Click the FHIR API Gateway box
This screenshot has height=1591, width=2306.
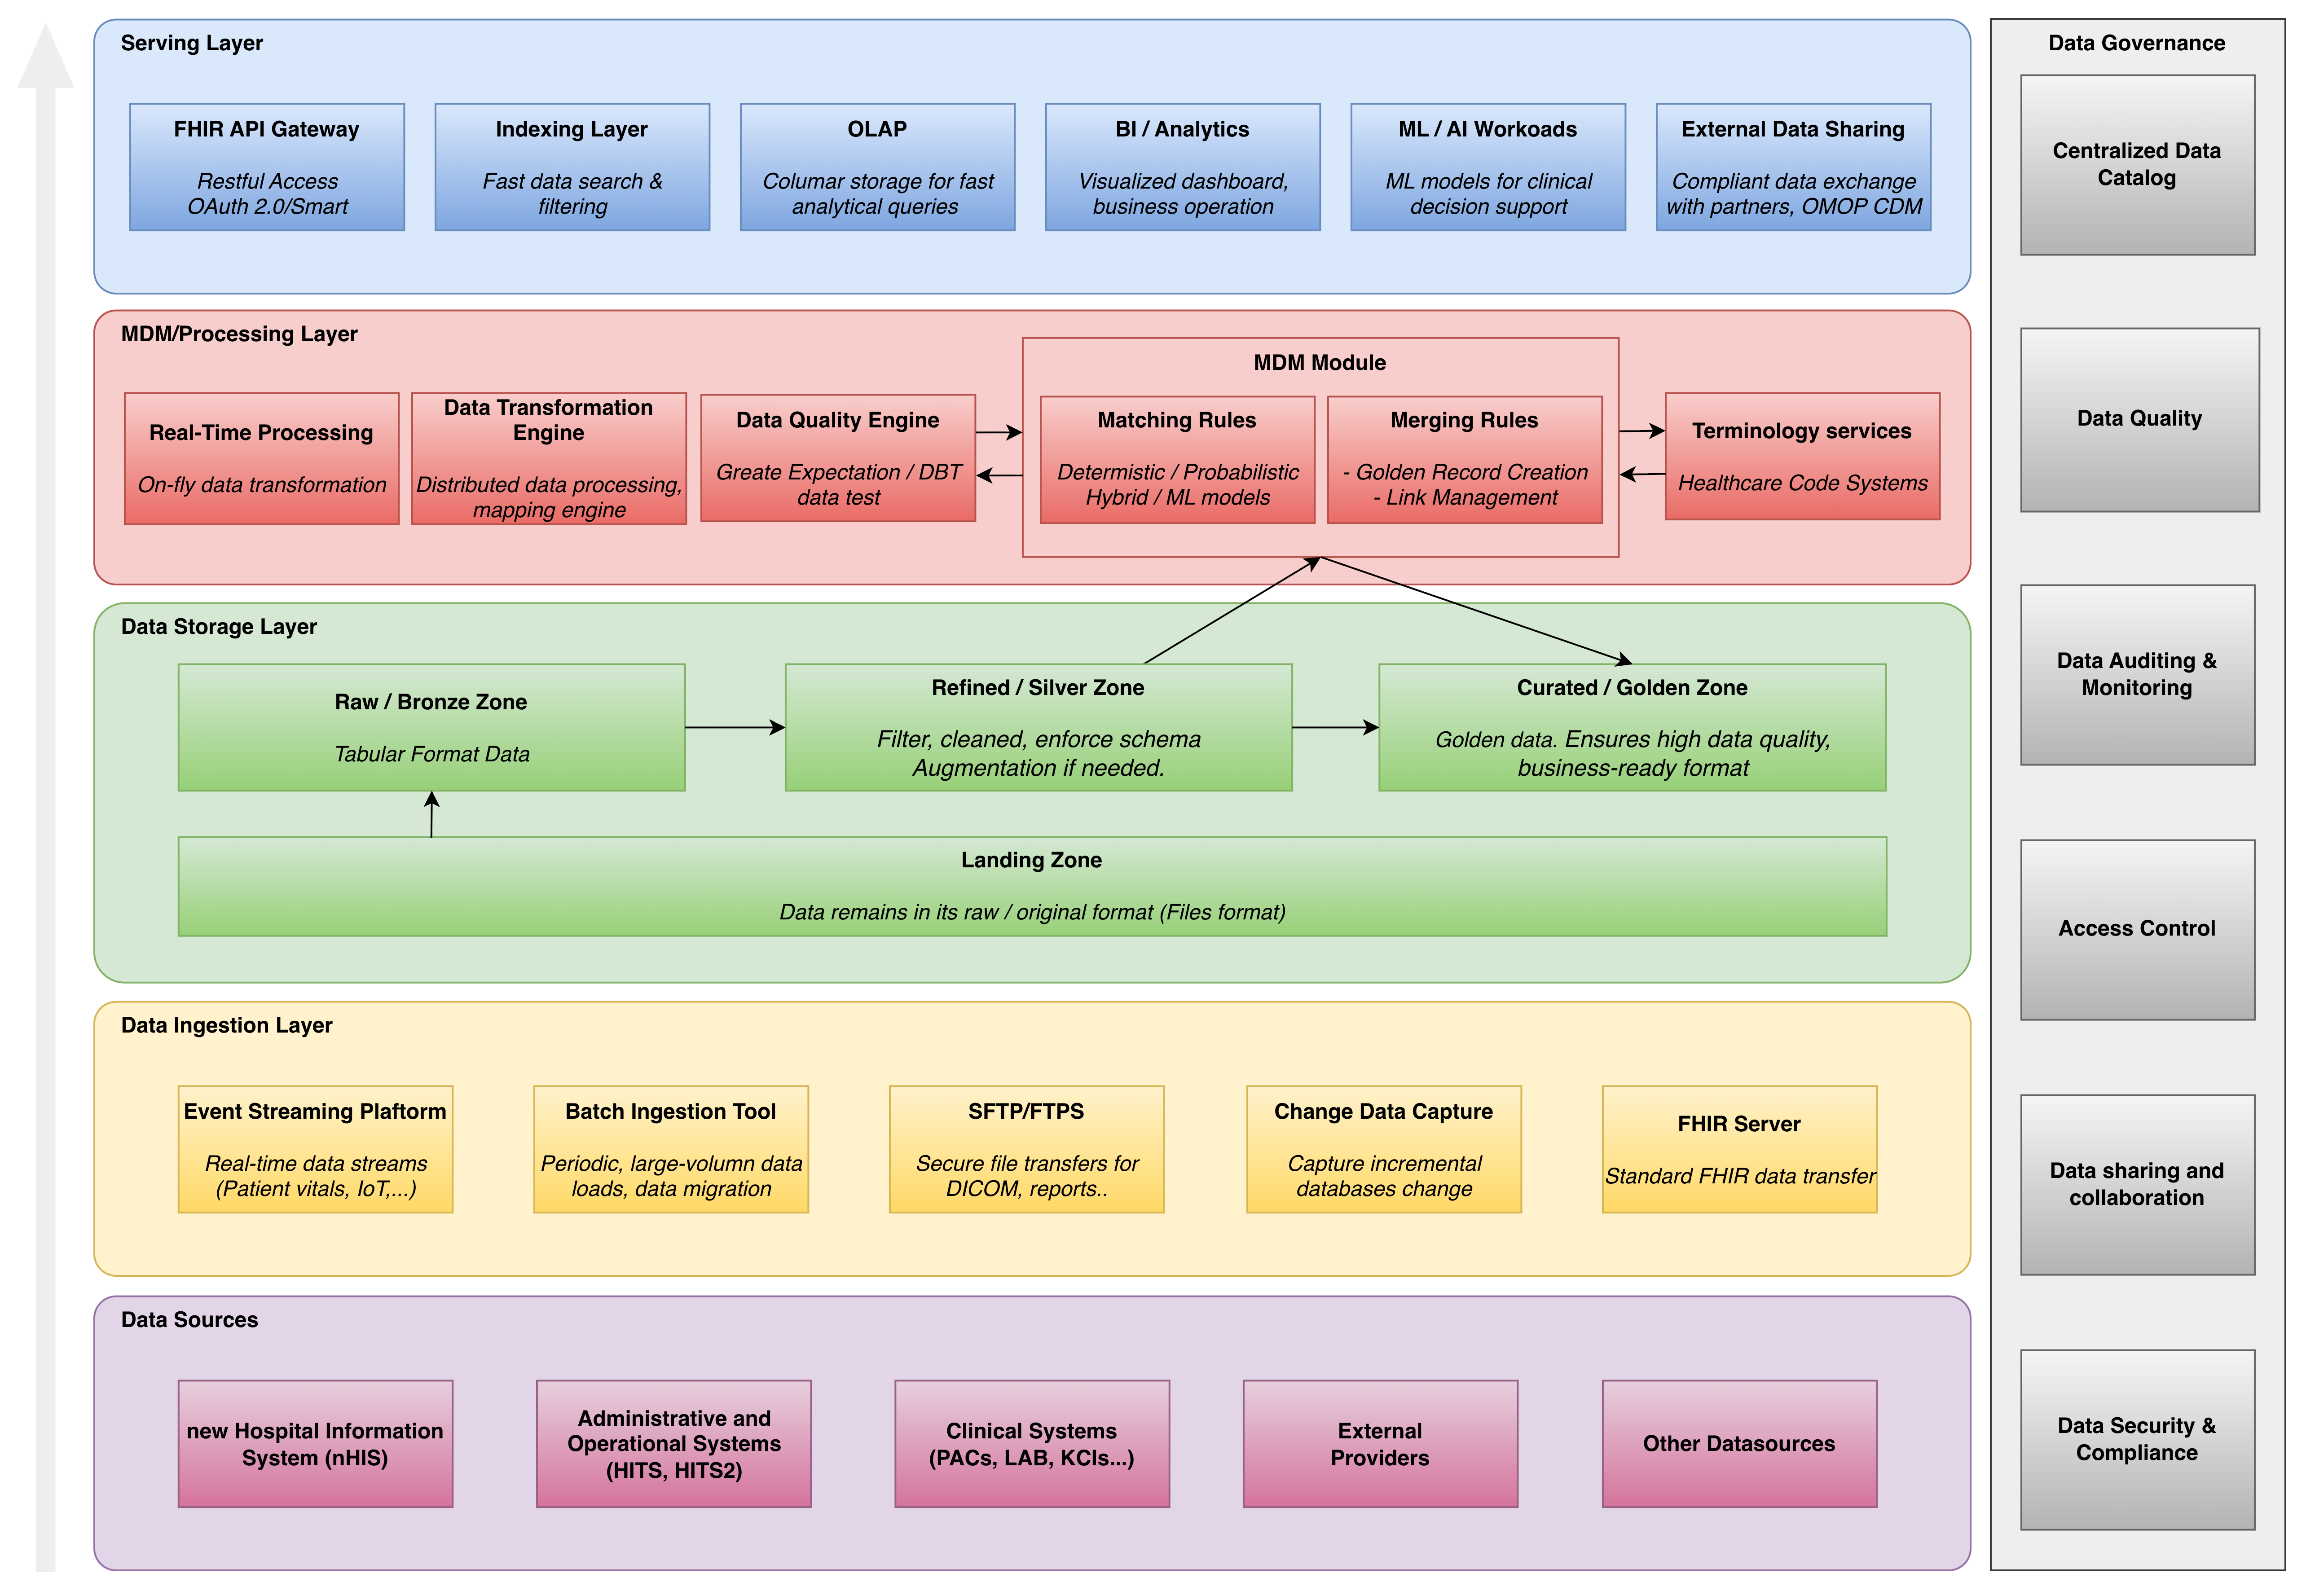coord(267,167)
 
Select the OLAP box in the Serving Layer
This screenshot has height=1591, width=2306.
coord(877,167)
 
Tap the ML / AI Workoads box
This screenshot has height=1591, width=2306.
coord(1487,167)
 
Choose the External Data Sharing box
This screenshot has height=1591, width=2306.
coord(1792,167)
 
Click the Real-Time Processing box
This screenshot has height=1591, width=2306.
coord(261,458)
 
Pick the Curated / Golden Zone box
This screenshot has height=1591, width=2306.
coord(1632,728)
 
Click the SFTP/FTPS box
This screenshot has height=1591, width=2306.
coord(1026,1149)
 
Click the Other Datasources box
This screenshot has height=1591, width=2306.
coord(1739,1443)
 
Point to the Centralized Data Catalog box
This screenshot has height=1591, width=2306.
coord(2137,164)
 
